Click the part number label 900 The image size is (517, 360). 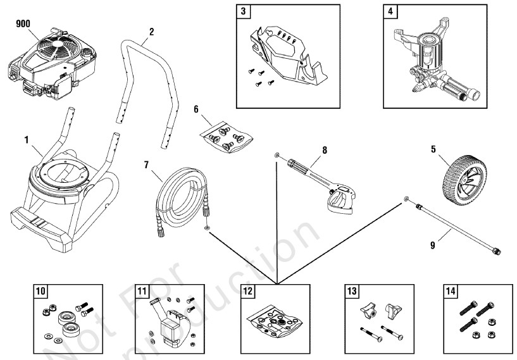pos(22,23)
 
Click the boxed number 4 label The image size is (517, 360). pos(391,11)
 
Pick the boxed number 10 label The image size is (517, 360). pos(40,292)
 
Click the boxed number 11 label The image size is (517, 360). pos(142,292)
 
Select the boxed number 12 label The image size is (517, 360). pos(247,292)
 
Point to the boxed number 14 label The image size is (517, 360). pos(451,292)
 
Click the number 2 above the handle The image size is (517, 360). pos(151,31)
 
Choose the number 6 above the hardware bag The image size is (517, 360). pos(197,109)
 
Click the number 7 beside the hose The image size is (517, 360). pos(146,166)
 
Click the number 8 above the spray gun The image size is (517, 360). pos(325,150)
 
